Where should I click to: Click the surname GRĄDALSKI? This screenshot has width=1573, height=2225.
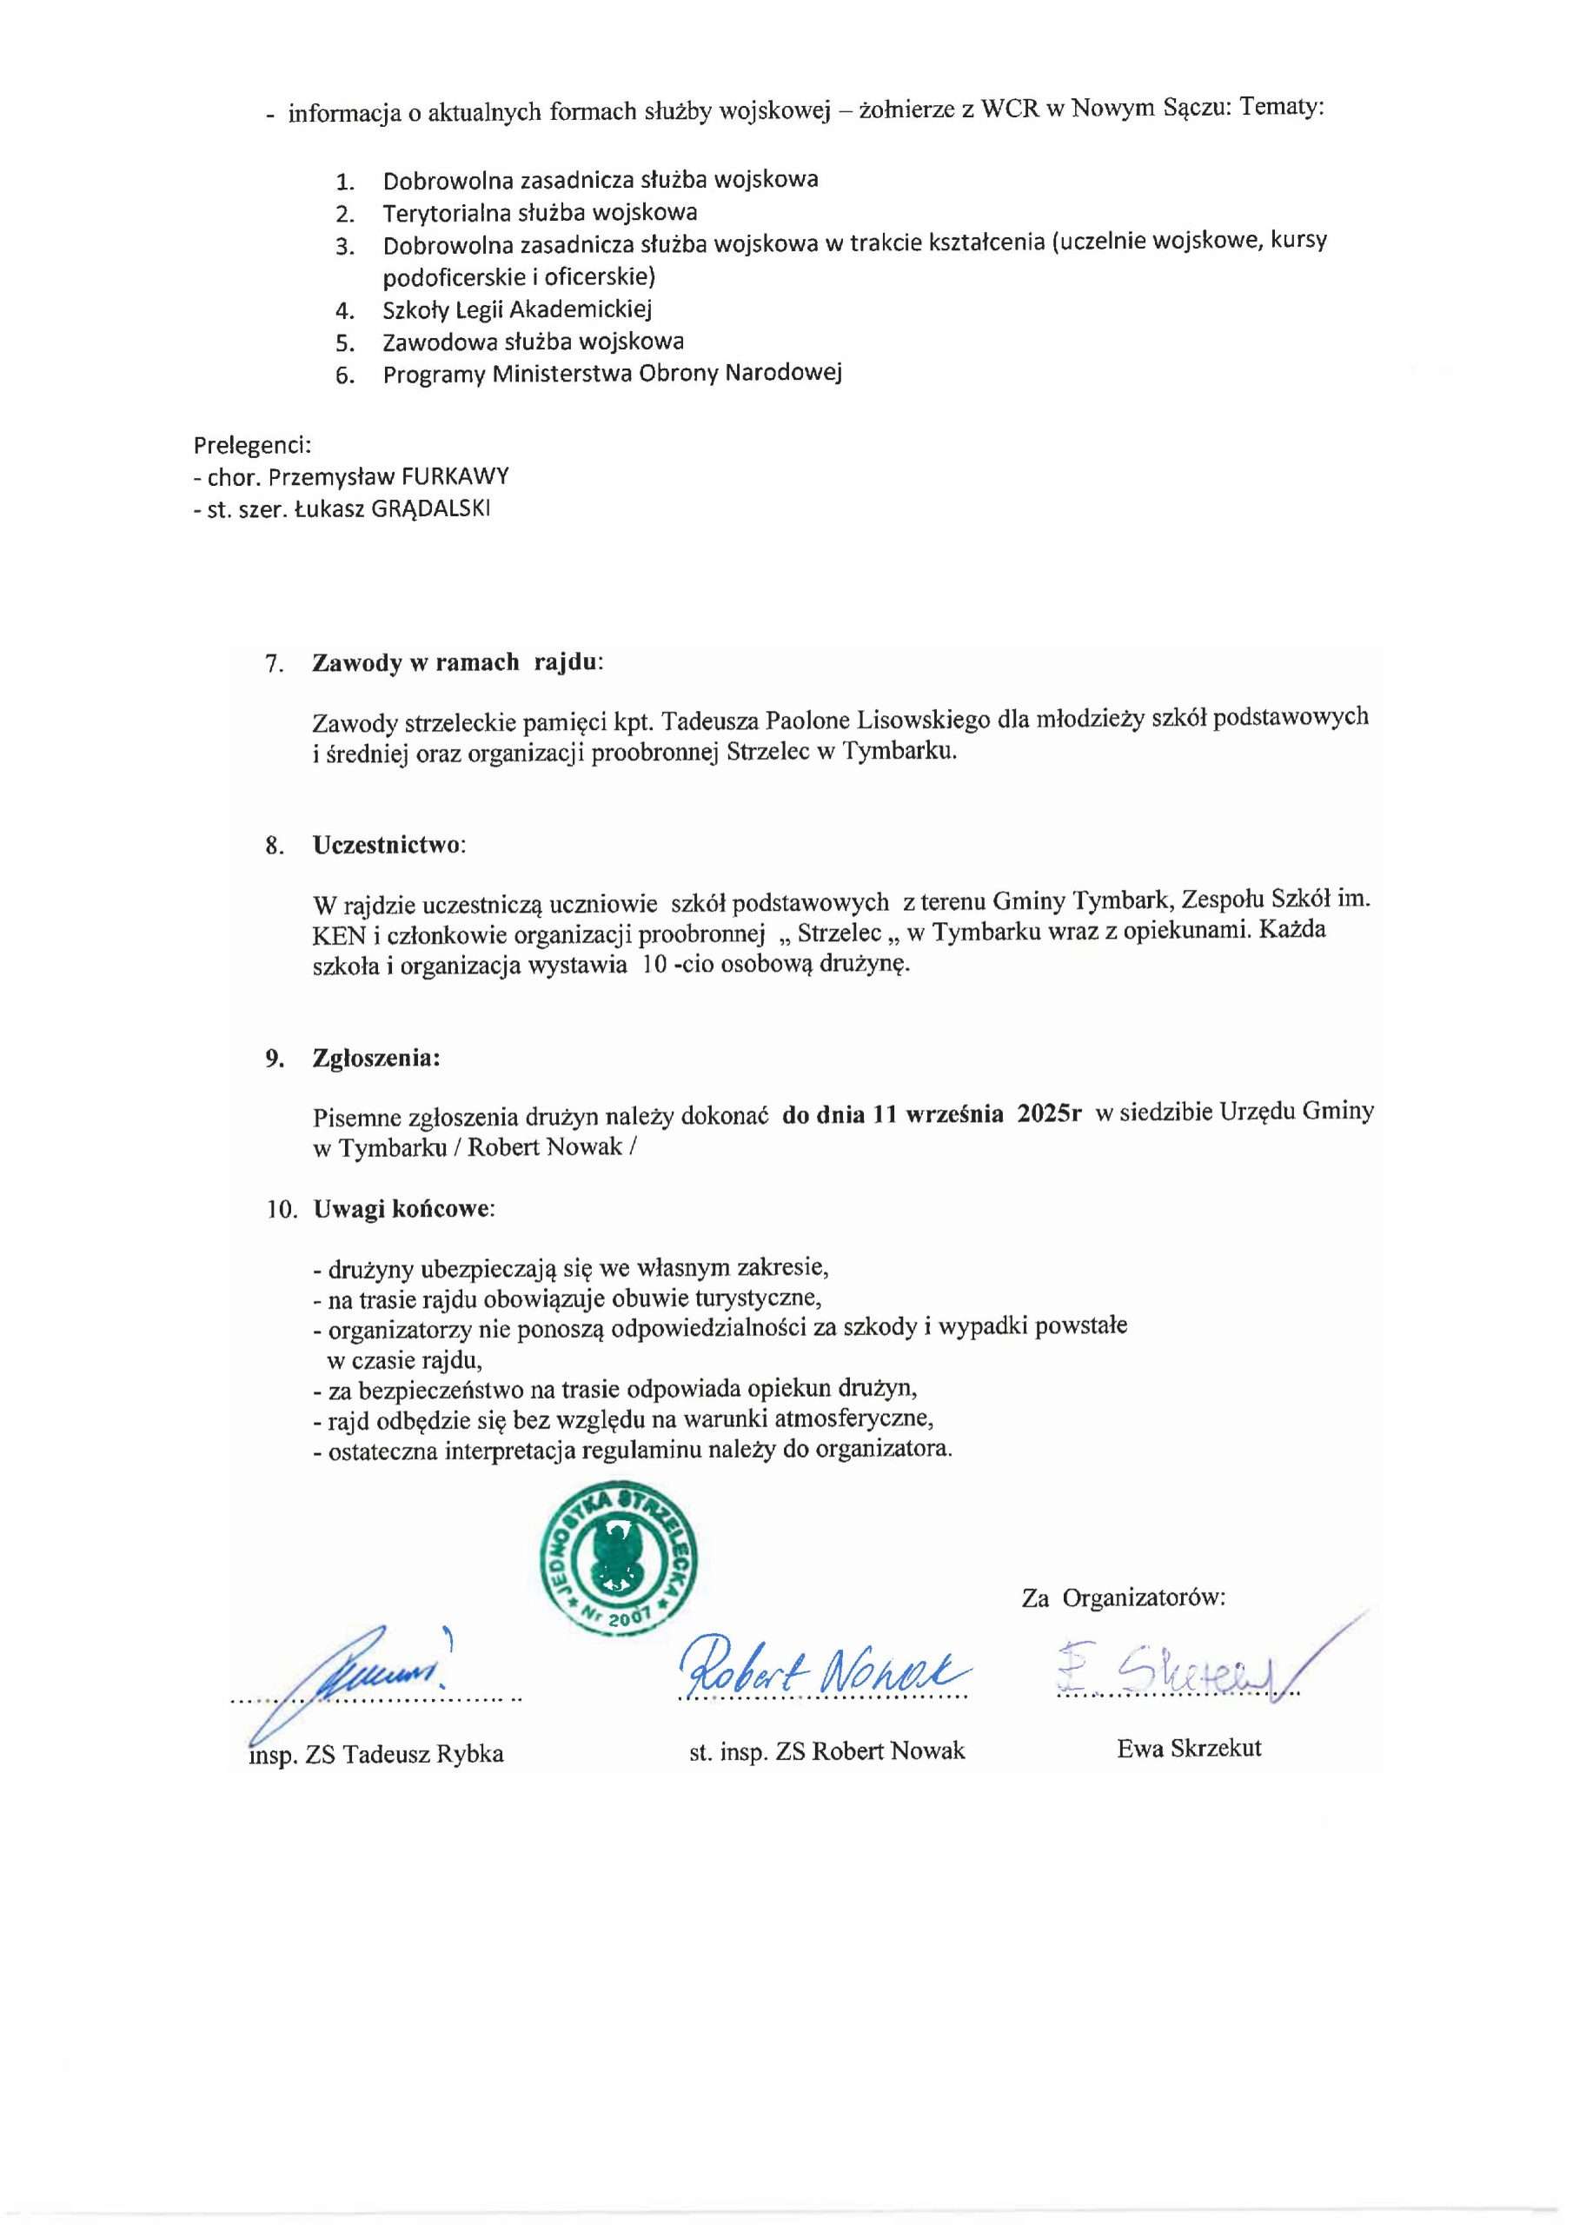point(430,508)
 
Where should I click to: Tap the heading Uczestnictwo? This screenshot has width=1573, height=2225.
point(388,845)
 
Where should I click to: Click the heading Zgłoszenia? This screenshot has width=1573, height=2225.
point(375,1059)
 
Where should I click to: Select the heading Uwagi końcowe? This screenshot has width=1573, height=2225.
point(402,1209)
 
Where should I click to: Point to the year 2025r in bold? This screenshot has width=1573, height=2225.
point(1049,1114)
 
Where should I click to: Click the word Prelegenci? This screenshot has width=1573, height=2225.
point(252,445)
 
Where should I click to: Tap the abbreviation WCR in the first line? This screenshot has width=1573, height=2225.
point(1010,109)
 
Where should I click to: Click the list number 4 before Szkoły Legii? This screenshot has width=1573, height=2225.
point(344,311)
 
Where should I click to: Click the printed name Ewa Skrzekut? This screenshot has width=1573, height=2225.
point(1188,1748)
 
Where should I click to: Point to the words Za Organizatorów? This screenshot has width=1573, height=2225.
point(1122,1598)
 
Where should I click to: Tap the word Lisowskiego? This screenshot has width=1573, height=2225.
point(913,720)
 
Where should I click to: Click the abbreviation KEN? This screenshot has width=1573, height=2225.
point(338,935)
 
